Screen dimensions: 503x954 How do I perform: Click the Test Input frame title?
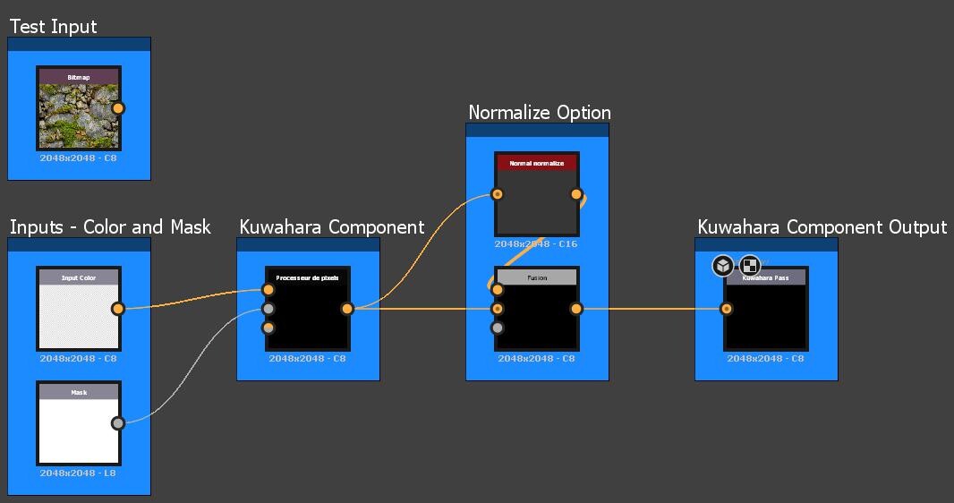(54, 27)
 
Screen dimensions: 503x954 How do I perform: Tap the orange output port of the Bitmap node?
(118, 108)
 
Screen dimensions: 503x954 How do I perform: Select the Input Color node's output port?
(118, 309)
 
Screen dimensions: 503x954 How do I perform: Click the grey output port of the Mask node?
(118, 423)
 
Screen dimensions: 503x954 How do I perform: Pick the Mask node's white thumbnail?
(79, 431)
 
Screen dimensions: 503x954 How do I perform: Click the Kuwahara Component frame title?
(331, 227)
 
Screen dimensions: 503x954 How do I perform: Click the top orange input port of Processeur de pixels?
(268, 290)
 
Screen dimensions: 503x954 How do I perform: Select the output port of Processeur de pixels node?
(347, 309)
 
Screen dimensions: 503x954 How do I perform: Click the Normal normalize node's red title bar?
(537, 164)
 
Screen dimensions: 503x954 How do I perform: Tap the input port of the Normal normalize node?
(498, 194)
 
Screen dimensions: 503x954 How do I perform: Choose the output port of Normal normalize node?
(576, 194)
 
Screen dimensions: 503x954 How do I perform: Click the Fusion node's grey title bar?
(537, 278)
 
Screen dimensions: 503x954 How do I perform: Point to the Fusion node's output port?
(576, 309)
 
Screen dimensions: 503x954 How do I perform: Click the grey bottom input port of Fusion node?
(498, 328)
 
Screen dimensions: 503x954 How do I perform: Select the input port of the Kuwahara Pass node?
(727, 309)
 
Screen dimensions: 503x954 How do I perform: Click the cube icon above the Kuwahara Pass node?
(723, 266)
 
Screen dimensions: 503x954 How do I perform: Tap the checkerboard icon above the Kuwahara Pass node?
(750, 266)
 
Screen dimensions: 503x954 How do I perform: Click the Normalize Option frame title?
(540, 113)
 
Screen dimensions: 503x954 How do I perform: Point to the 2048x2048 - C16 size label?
(537, 244)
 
